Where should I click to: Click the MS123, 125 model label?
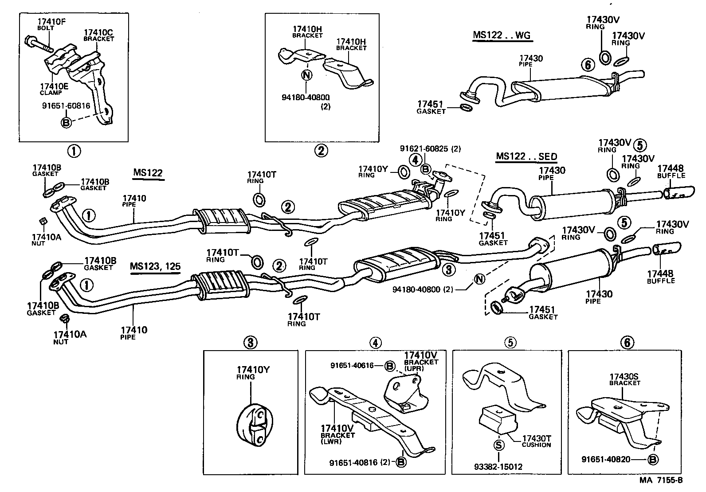(155, 266)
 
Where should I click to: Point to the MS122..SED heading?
(526, 156)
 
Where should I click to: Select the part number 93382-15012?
(498, 467)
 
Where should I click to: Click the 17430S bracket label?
(624, 378)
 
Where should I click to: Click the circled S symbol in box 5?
(498, 445)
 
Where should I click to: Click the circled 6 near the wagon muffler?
(587, 66)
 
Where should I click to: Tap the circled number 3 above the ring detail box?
(250, 342)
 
